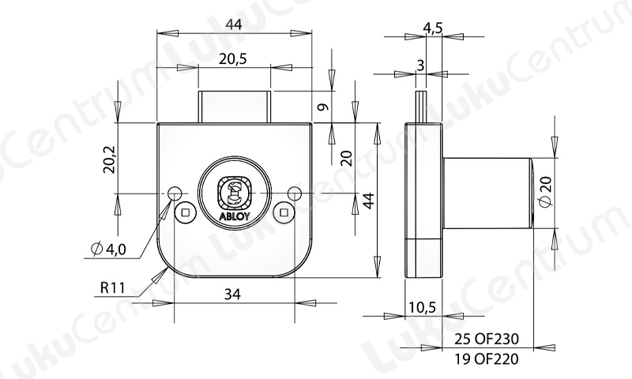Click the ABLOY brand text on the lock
pyautogui.click(x=234, y=216)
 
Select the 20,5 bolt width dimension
pyautogui.click(x=232, y=59)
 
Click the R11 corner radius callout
pyautogui.click(x=112, y=288)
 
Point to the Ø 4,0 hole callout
pyautogui.click(x=109, y=250)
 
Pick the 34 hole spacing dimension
pyautogui.click(x=232, y=295)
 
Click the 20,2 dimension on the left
pyautogui.click(x=109, y=159)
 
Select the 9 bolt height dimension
pyautogui.click(x=323, y=107)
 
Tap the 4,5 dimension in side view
pyautogui.click(x=433, y=28)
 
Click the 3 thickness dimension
pyautogui.click(x=420, y=66)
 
